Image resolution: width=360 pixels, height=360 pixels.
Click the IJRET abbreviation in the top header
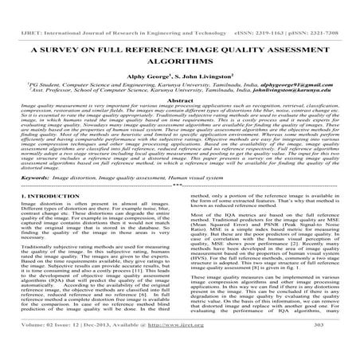coord(15,10)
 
